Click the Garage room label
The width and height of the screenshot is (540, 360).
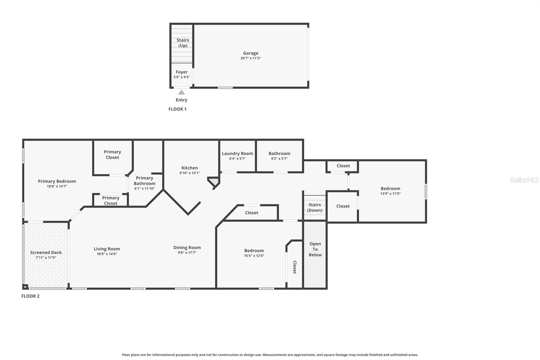(250, 53)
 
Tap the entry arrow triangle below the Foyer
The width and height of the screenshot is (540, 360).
(182, 92)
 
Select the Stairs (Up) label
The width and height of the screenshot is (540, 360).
(183, 43)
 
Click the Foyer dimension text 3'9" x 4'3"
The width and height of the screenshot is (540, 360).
(182, 77)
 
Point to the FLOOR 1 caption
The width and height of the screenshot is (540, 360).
(177, 109)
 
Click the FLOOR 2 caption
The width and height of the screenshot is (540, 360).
(30, 296)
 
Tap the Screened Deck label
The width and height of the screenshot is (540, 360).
(46, 252)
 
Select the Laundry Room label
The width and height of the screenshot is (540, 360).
(237, 153)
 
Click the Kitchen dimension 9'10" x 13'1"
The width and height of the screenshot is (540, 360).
(190, 173)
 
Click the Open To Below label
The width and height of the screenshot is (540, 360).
(315, 249)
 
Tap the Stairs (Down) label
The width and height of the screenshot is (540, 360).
(315, 207)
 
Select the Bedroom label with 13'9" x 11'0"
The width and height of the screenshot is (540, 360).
(390, 188)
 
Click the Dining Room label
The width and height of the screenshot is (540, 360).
(187, 248)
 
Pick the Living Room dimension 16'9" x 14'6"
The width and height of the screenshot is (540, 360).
(107, 254)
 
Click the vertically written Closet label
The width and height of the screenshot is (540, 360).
(295, 267)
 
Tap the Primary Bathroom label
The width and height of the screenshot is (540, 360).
(144, 181)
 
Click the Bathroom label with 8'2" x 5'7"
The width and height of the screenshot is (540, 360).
(279, 153)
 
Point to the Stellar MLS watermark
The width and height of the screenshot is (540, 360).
(524, 180)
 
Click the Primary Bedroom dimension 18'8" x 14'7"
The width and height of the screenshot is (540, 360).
(57, 186)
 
